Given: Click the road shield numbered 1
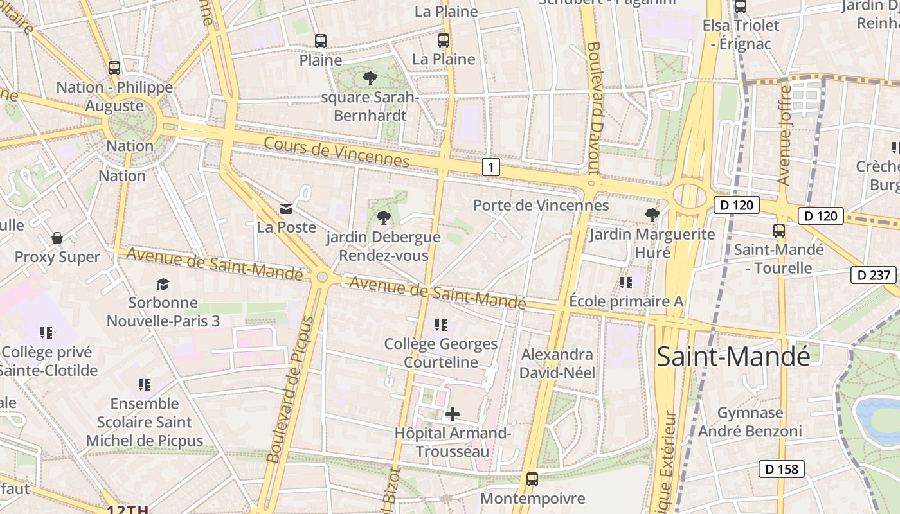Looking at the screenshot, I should coord(491,168).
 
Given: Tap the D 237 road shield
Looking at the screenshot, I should coord(874,276).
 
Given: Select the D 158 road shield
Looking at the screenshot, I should coord(782,469).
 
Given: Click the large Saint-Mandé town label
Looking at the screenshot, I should coord(733,357).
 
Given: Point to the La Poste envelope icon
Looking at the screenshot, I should coord(286,209).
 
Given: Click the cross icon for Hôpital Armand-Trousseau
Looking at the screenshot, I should coord(453,414).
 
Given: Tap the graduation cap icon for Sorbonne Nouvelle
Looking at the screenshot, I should coord(163,284).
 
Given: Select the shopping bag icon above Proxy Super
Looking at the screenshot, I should coord(57,238).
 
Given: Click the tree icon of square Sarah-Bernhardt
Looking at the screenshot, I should coord(370,78).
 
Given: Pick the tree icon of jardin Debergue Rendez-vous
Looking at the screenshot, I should coord(384,218).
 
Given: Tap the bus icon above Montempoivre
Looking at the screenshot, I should coord(532,479).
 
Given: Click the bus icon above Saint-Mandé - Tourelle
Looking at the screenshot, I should coord(779,231).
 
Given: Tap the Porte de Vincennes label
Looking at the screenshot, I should coord(541,206).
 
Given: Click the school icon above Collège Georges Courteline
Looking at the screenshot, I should coord(441,325).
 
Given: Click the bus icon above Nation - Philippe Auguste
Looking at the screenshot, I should coord(114,67).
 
